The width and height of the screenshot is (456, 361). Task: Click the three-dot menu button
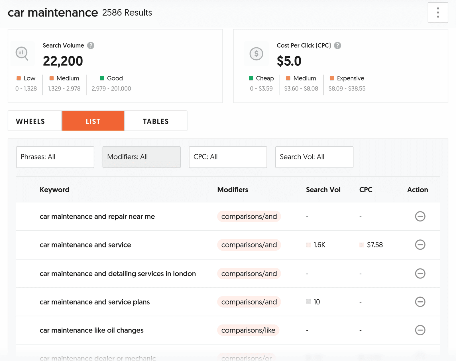[x=438, y=13]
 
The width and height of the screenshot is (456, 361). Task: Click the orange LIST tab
[x=93, y=121]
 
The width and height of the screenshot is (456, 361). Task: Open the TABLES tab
[x=156, y=121]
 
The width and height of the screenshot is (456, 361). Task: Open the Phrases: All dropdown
[x=55, y=157]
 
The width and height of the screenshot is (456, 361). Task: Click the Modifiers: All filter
[x=141, y=157]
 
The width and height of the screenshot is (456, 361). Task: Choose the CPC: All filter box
[x=228, y=157]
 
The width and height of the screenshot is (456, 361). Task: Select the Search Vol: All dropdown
[x=314, y=157]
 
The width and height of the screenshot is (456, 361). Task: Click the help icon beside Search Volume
[x=91, y=46]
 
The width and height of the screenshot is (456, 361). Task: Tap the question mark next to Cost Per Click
[x=337, y=46]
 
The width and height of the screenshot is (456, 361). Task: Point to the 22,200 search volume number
[x=63, y=61]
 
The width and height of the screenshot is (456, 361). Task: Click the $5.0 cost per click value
[x=289, y=61]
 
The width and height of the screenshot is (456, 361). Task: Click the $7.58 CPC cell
[x=374, y=245]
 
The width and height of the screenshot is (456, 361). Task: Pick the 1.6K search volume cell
[x=319, y=245]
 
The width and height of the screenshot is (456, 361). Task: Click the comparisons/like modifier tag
[x=248, y=330]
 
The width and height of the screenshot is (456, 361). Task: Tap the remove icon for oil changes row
[x=420, y=330]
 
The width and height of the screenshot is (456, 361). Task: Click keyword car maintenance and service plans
[x=95, y=302]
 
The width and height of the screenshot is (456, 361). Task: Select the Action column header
[x=417, y=190]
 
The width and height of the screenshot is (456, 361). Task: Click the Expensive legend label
[x=350, y=78]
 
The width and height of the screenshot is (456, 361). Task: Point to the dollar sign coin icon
[x=256, y=54]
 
